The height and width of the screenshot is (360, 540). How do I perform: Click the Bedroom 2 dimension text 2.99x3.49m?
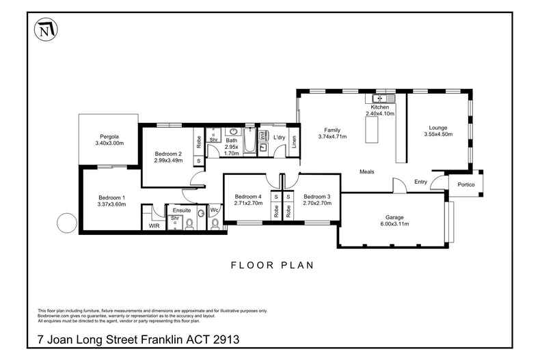pyautogui.click(x=168, y=161)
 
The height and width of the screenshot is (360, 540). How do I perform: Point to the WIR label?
pyautogui.click(x=154, y=225)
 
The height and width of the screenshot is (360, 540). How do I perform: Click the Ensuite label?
pyautogui.click(x=182, y=210)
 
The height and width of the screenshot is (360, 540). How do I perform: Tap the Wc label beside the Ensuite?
pyautogui.click(x=213, y=210)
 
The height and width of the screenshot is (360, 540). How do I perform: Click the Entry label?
pyautogui.click(x=421, y=182)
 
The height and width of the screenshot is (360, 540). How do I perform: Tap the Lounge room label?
pyautogui.click(x=438, y=127)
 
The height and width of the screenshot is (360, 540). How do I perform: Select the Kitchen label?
pyautogui.click(x=379, y=107)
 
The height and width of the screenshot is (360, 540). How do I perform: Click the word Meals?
pyautogui.click(x=367, y=171)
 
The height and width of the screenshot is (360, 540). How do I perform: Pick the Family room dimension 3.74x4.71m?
pyautogui.click(x=332, y=137)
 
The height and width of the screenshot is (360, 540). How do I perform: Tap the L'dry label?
pyautogui.click(x=279, y=138)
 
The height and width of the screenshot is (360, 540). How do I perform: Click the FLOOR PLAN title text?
pyautogui.click(x=272, y=265)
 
